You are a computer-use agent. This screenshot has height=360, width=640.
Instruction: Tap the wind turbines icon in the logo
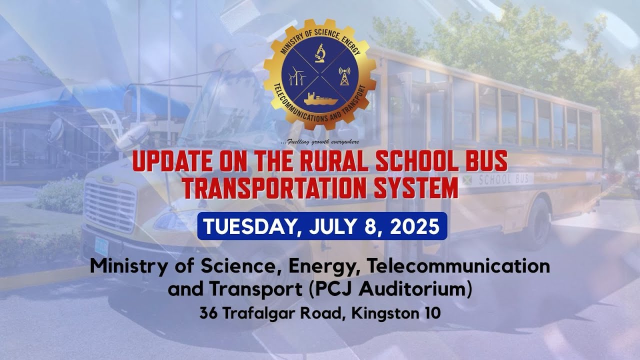pyautogui.click(x=298, y=77)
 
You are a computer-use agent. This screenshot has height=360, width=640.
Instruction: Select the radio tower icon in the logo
pyautogui.click(x=344, y=76)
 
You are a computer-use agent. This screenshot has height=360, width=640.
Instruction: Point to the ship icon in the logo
pyautogui.click(x=320, y=98)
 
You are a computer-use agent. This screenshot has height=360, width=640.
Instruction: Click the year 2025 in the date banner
pyautogui.click(x=414, y=226)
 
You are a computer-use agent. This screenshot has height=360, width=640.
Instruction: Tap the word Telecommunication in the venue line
pyautogui.click(x=458, y=266)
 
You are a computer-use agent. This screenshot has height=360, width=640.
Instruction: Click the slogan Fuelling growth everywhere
pyautogui.click(x=319, y=141)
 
